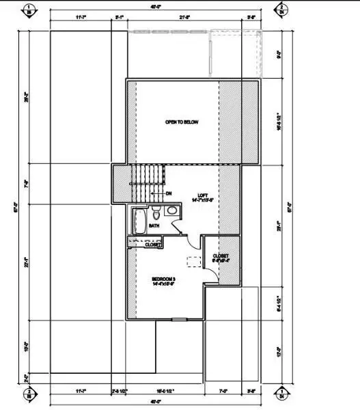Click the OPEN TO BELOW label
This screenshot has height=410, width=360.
[181, 122]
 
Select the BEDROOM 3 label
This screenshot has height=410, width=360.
[163, 280]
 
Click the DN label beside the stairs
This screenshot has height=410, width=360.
[167, 194]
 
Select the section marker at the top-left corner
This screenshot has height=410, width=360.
[29, 10]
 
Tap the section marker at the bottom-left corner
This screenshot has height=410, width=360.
[29, 393]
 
